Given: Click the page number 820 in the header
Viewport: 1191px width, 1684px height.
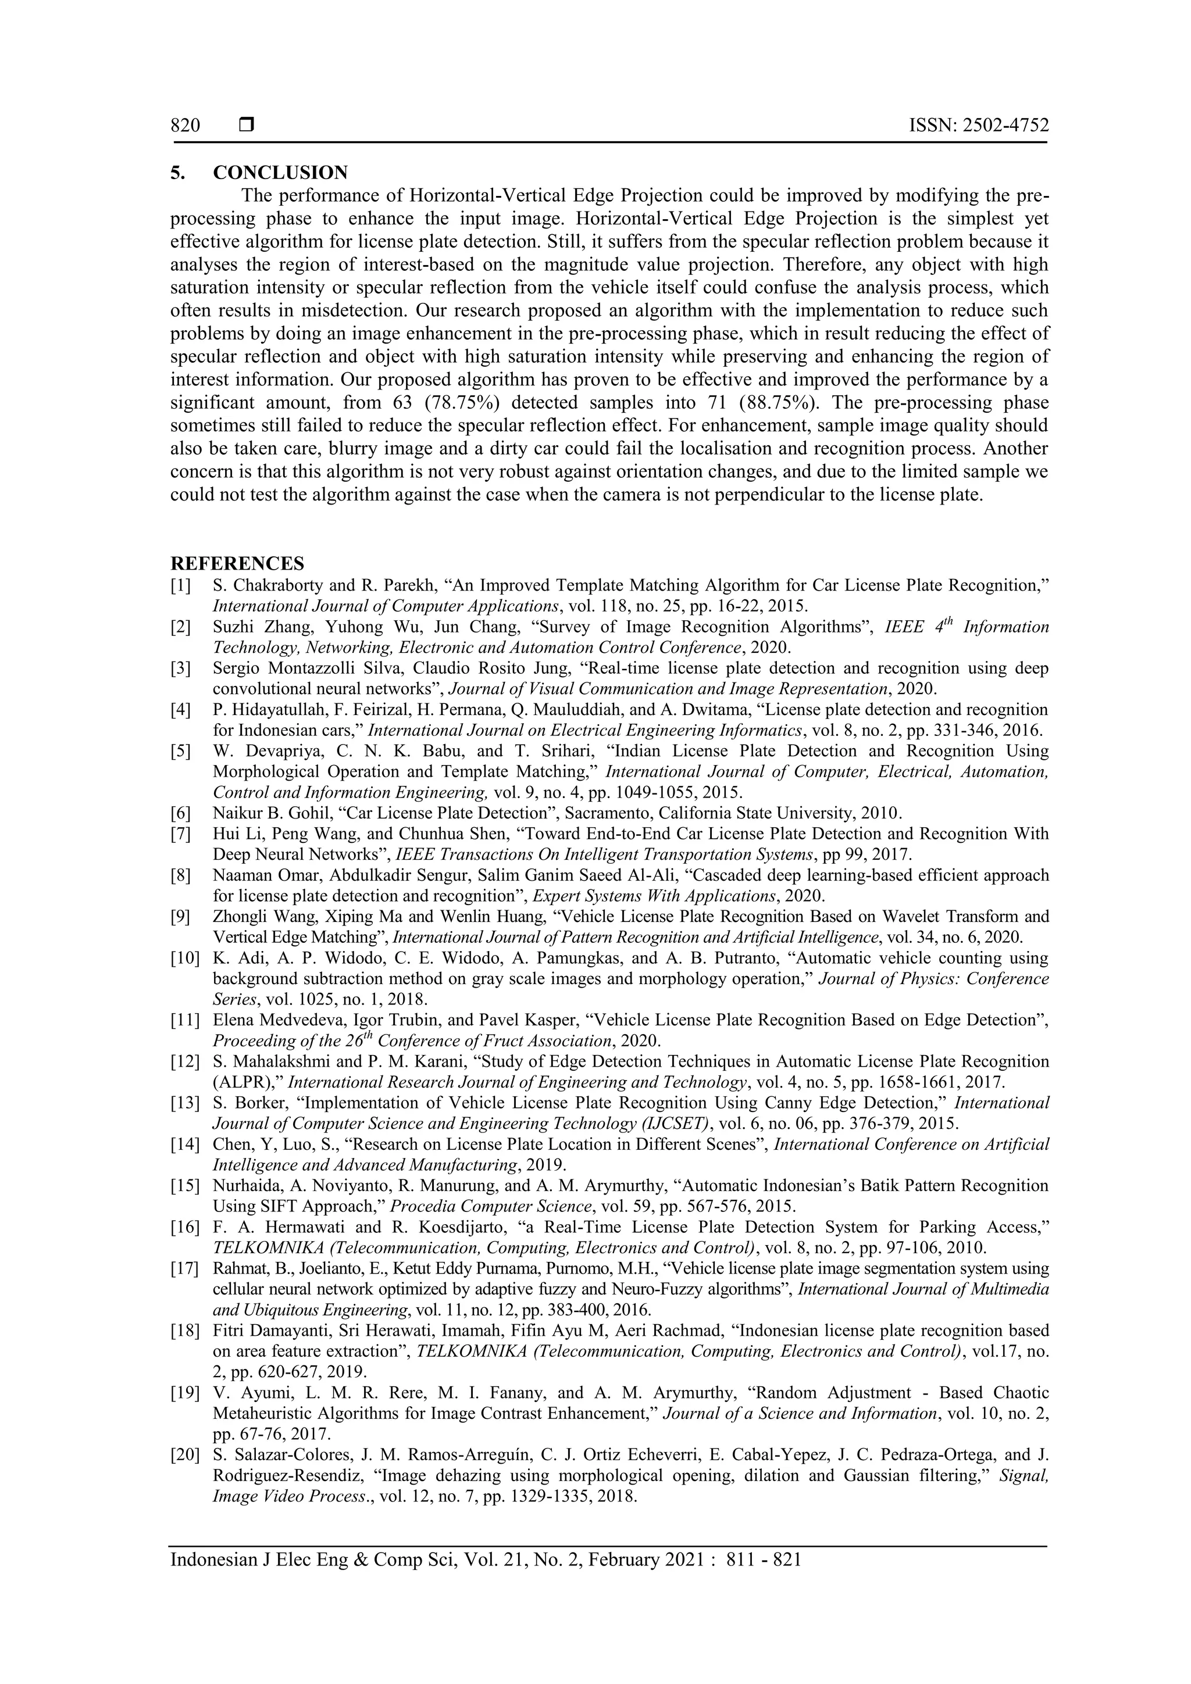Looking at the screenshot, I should (185, 126).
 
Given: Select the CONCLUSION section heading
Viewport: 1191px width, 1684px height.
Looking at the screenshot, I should (280, 173).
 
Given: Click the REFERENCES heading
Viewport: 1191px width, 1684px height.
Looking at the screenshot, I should (237, 563).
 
